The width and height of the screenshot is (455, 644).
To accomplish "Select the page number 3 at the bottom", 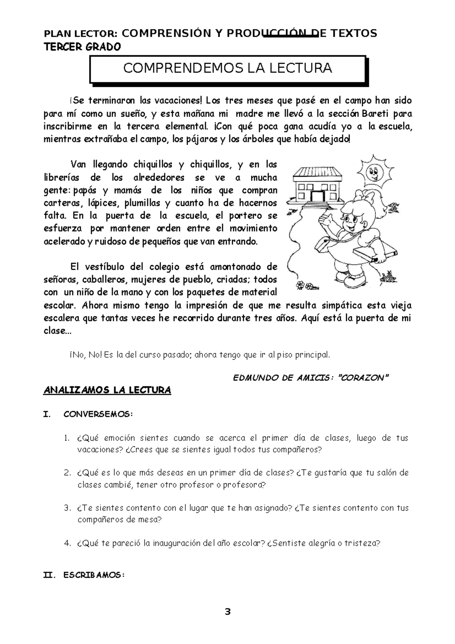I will [227, 612].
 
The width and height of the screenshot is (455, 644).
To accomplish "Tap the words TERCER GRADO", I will [83, 47].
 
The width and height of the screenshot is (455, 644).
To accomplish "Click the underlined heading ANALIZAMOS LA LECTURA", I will [108, 390].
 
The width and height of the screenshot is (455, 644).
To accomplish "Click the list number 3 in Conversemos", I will [67, 508].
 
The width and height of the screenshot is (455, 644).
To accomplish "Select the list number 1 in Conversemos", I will [67, 438].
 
